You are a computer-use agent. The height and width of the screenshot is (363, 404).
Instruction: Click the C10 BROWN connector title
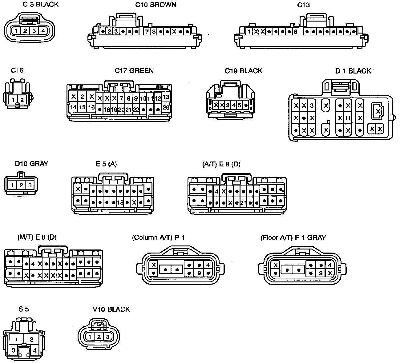pos(156,5)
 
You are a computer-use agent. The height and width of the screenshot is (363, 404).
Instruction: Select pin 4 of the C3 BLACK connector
pos(43,30)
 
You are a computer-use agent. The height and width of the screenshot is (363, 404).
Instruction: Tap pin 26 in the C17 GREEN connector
pos(166,108)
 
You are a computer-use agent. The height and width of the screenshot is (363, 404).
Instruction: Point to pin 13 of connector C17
pos(166,97)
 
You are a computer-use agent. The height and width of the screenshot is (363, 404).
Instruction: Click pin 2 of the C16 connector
pos(22,99)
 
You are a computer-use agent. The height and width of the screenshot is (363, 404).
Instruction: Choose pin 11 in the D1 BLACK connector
pos(348,118)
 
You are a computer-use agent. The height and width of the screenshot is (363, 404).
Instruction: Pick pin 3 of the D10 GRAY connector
pos(30,185)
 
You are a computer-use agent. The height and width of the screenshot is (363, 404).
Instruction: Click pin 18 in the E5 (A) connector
pos(120,202)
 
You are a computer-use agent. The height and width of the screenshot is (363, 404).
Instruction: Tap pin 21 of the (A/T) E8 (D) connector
pos(243,203)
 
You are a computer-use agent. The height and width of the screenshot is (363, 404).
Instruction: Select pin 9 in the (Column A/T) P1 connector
pos(199,273)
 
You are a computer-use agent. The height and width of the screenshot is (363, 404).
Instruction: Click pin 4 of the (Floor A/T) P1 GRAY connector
pos(330,265)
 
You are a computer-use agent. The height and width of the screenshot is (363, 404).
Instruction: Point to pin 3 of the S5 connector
pos(14,350)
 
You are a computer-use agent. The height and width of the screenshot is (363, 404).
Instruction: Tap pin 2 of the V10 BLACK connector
pos(99,337)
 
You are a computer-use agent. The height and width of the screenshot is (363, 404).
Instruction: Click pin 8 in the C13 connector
pos(296,31)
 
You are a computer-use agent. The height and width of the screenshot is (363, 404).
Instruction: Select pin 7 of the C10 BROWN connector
pos(147,31)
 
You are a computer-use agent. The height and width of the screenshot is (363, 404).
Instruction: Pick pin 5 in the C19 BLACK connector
pos(239,105)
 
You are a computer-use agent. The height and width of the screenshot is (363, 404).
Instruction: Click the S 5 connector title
pos(23,309)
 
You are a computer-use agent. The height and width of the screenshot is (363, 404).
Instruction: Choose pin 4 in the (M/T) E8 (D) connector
pos(33,264)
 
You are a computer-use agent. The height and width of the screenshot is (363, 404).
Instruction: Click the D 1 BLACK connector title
pos(353,71)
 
